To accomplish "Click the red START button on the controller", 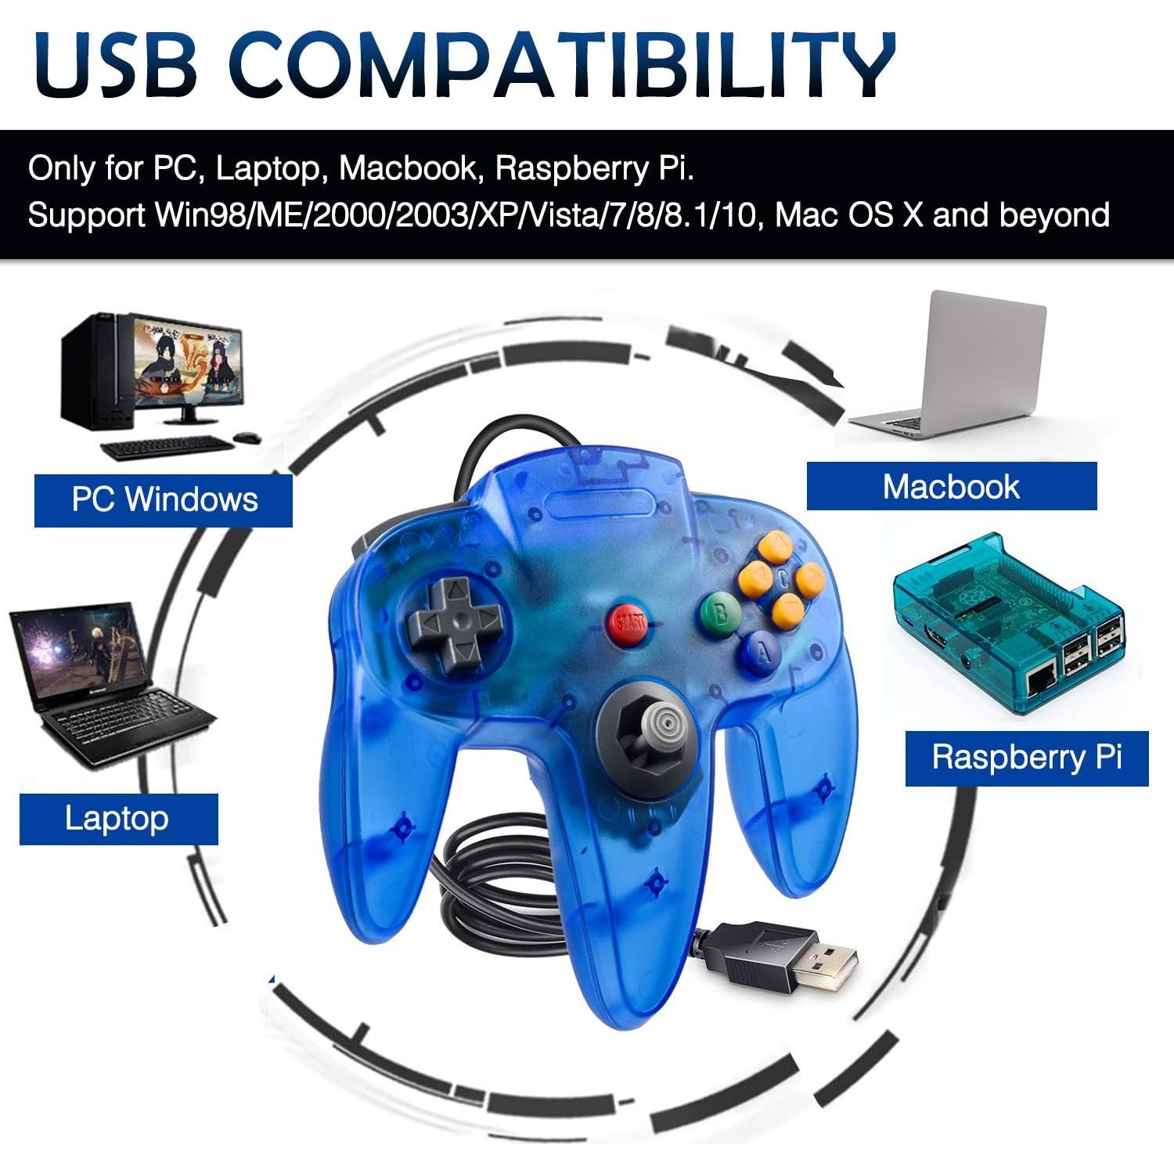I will [x=629, y=623].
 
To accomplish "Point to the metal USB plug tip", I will [x=828, y=963].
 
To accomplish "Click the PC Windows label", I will [x=164, y=499].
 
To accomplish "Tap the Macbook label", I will [x=951, y=487].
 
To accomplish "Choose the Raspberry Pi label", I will [x=1026, y=758].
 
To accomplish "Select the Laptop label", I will [x=117, y=819].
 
